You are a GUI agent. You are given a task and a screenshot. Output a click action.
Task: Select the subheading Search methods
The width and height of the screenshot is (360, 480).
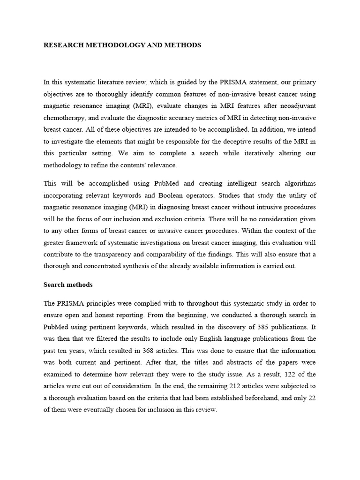click(68, 285)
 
